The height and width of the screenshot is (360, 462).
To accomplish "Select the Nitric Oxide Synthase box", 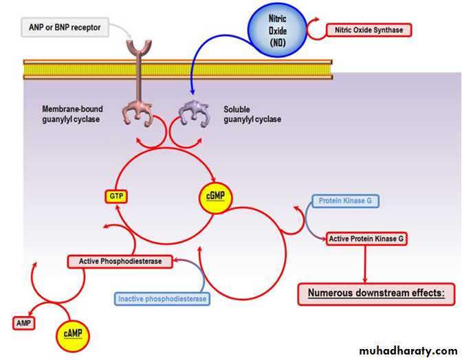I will (x=369, y=30).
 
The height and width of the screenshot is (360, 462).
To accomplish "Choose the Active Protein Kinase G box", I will (x=366, y=238).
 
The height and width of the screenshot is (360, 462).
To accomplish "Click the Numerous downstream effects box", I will (x=376, y=293).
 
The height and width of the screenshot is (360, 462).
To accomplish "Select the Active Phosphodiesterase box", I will (x=120, y=262).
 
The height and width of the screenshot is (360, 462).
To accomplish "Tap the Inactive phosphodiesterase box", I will (x=162, y=299).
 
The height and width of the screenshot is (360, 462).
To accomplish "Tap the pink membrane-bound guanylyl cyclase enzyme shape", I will (x=138, y=112).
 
